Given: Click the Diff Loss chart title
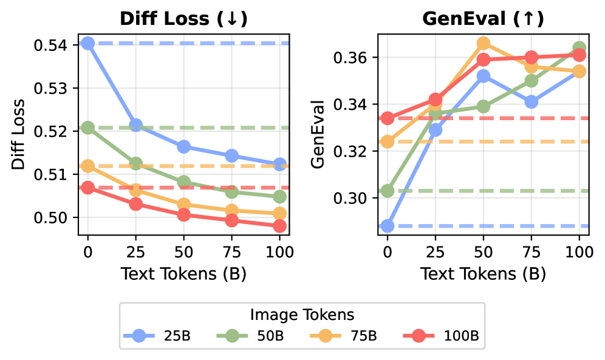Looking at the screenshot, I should pyautogui.click(x=183, y=19).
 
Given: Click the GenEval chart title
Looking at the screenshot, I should pyautogui.click(x=483, y=19).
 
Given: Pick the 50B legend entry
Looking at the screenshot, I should pyautogui.click(x=247, y=335).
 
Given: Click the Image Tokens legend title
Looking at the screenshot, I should pyautogui.click(x=302, y=314).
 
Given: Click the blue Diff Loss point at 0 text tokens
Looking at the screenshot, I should pyautogui.click(x=88, y=43).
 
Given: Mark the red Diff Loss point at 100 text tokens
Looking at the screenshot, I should pyautogui.click(x=279, y=226).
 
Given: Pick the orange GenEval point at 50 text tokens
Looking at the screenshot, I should pyautogui.click(x=484, y=43).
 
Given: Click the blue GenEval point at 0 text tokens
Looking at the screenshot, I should pyautogui.click(x=388, y=226).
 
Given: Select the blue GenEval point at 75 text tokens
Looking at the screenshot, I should pyautogui.click(x=532, y=102).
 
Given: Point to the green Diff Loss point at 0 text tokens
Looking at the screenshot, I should pyautogui.click(x=88, y=127).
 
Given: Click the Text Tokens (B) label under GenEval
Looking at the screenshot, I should pyautogui.click(x=483, y=274).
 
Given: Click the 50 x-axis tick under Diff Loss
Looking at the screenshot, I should pyautogui.click(x=183, y=251).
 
